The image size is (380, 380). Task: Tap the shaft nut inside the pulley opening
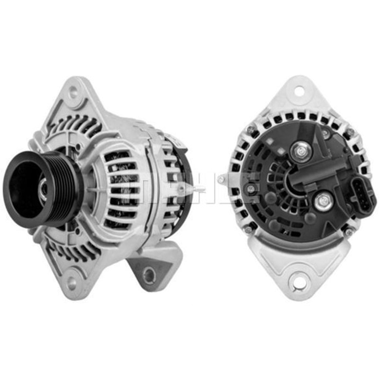(x=44, y=188)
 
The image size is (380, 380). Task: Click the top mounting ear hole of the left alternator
(x=73, y=91)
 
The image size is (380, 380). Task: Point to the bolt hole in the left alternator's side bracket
(x=149, y=274)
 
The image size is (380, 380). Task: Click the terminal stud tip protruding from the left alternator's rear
(x=201, y=189)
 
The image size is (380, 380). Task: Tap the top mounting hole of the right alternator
(x=299, y=91)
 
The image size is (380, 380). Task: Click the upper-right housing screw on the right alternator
(x=350, y=132)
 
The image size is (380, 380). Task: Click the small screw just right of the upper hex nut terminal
(x=325, y=133)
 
